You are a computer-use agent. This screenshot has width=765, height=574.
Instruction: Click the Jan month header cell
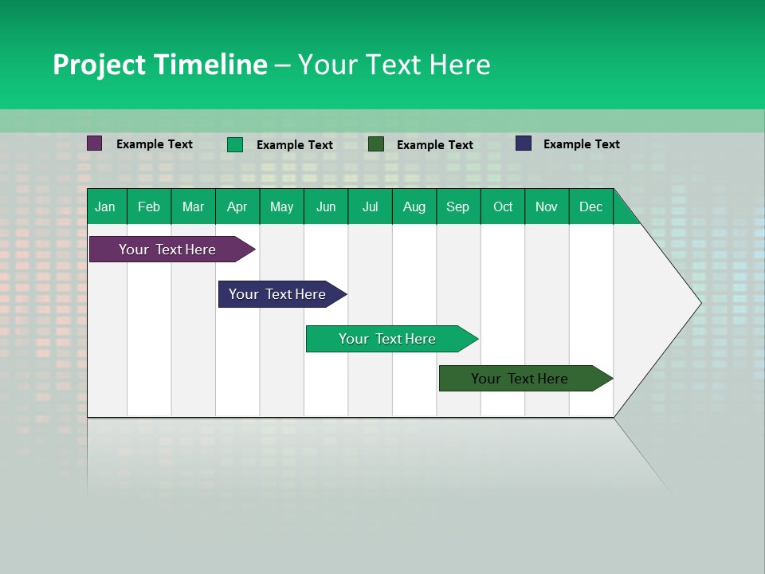pyautogui.click(x=106, y=206)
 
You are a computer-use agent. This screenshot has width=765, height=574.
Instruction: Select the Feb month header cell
pyautogui.click(x=149, y=206)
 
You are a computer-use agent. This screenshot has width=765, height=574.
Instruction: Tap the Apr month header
pyautogui.click(x=237, y=206)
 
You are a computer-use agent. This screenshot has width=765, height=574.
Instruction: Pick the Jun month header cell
pyautogui.click(x=326, y=206)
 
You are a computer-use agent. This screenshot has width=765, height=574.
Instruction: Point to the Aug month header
pyautogui.click(x=414, y=206)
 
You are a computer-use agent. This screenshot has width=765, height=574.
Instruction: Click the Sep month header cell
pyautogui.click(x=458, y=206)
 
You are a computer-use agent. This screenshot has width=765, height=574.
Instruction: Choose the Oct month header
pyautogui.click(x=503, y=206)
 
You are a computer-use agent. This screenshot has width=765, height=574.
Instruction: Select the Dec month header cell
pyautogui.click(x=591, y=206)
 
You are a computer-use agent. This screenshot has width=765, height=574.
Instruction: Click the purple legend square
pyautogui.click(x=95, y=143)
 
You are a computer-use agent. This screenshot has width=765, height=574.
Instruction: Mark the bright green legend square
pyautogui.click(x=235, y=144)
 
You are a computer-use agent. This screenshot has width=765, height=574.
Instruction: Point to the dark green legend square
pyautogui.click(x=376, y=144)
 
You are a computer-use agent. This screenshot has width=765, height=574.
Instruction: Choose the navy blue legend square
pyautogui.click(x=524, y=143)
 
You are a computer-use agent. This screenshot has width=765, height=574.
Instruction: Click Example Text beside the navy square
pyautogui.click(x=581, y=144)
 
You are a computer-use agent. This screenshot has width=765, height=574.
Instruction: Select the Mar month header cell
pyautogui.click(x=193, y=206)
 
